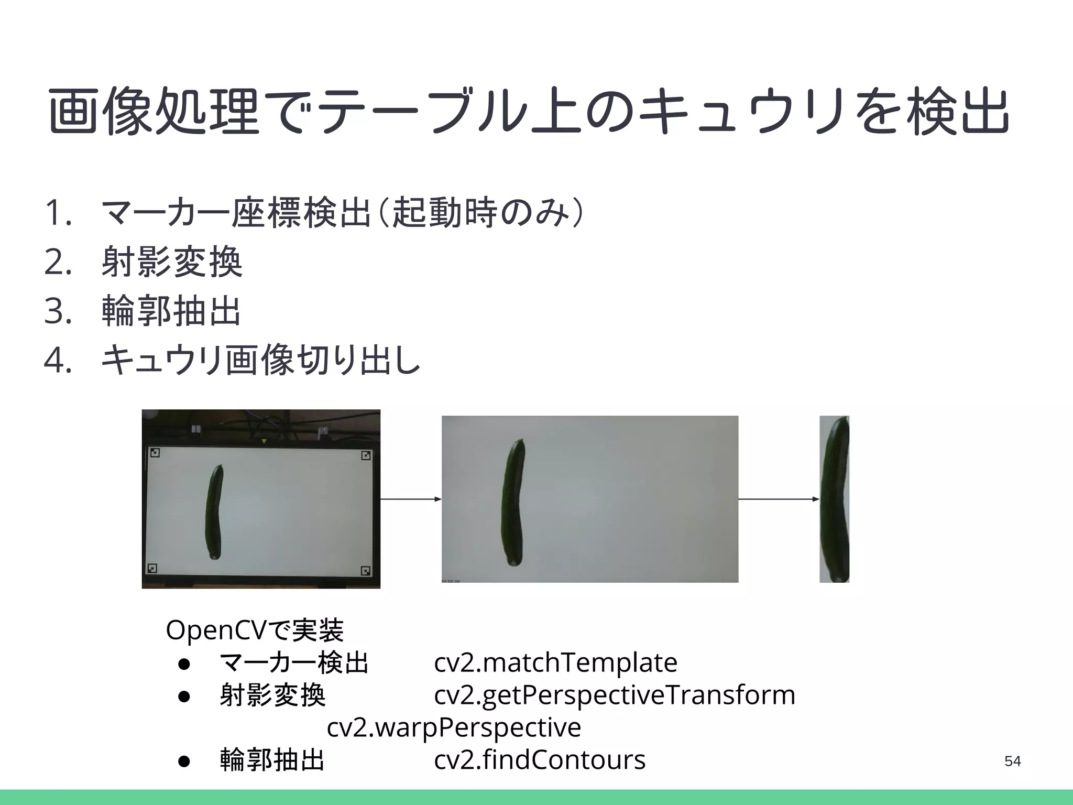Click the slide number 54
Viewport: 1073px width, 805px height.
(1012, 761)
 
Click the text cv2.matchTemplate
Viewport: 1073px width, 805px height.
(555, 662)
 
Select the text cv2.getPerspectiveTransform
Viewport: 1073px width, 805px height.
(615, 695)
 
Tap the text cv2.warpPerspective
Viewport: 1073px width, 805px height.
(454, 727)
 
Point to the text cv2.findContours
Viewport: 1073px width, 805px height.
(540, 760)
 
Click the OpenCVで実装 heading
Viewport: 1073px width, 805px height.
(255, 630)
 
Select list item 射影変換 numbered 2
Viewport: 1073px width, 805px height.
(171, 262)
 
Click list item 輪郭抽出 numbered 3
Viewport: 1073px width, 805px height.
(171, 311)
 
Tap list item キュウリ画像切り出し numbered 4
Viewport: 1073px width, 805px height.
(260, 361)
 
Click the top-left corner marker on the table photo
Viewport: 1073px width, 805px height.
(155, 452)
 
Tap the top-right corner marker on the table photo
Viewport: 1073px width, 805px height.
(366, 455)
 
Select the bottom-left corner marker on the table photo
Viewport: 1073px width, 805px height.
(152, 568)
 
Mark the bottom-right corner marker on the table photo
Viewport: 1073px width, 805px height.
(366, 571)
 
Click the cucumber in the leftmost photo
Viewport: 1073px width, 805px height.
(215, 512)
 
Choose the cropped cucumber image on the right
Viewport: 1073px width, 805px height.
(834, 499)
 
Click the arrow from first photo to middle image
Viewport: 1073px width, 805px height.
(411, 499)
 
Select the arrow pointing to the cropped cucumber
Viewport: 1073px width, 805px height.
(779, 499)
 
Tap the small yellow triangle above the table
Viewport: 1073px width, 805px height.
(264, 441)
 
